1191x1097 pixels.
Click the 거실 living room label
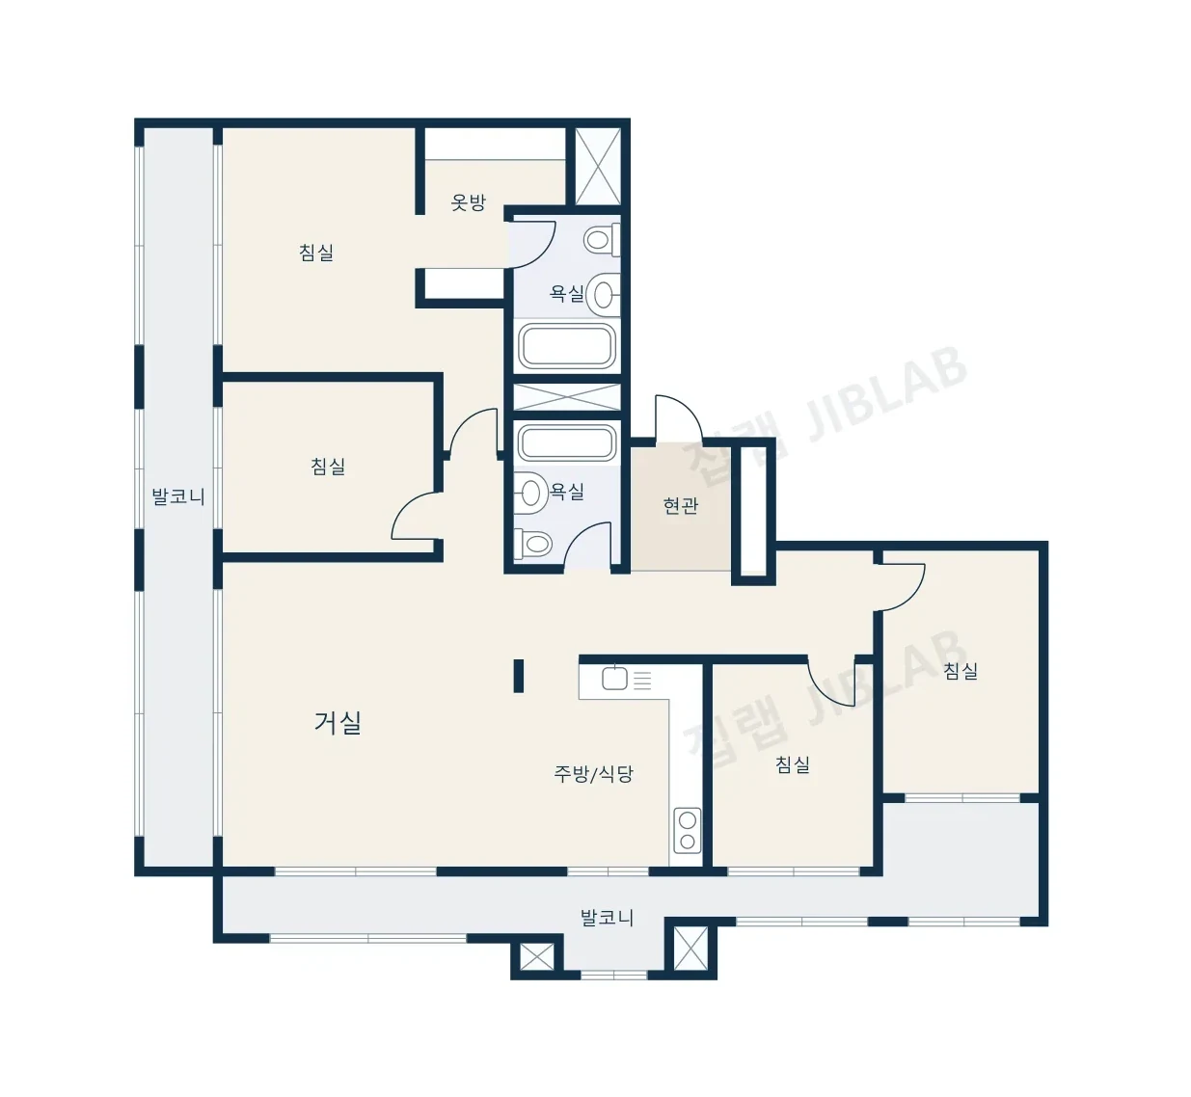point(338,722)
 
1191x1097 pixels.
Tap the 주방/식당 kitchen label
point(593,773)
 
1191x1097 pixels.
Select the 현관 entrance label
point(681,506)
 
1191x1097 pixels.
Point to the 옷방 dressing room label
point(468,202)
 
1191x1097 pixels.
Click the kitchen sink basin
point(614,679)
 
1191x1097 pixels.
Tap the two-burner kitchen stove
point(688,831)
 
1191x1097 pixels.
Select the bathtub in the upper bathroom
point(567,346)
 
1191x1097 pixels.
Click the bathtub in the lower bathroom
point(567,442)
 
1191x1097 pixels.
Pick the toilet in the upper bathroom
point(602,240)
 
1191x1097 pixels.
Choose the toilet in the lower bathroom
point(533,543)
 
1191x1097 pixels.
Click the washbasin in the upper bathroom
point(604,294)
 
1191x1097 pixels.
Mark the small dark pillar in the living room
point(518,676)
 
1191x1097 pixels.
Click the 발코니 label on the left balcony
point(178,496)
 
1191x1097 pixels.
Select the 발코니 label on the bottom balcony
point(607,918)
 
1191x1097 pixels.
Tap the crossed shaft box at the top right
point(598,166)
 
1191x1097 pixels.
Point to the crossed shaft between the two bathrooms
point(567,397)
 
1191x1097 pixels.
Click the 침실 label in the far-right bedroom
point(961,671)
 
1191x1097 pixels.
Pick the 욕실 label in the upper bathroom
point(567,293)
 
